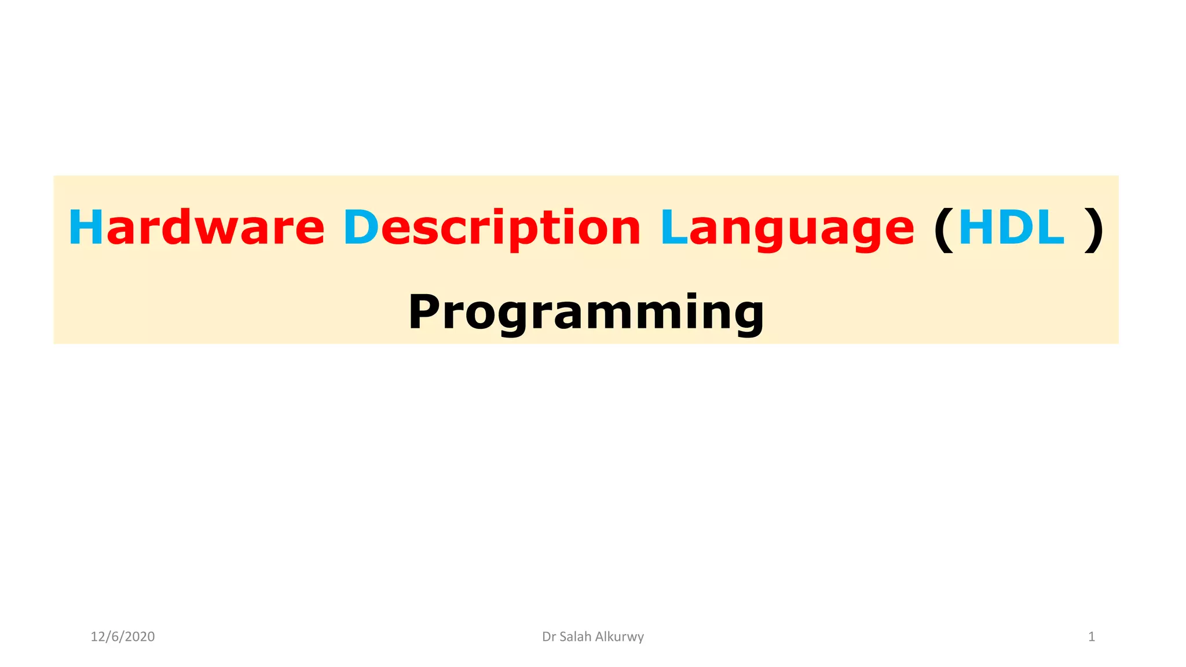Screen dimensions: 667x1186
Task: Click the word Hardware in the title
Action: pos(196,228)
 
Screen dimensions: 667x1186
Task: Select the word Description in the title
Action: pos(492,228)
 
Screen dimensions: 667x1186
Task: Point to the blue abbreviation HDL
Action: pos(1011,228)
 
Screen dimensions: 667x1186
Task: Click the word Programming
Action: pos(586,313)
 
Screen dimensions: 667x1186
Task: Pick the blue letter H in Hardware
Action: pos(85,228)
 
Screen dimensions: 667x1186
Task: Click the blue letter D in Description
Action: pos(361,228)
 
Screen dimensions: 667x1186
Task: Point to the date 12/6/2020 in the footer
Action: pos(123,637)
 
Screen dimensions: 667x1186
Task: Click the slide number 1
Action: pos(1092,637)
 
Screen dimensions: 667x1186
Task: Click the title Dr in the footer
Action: pos(549,637)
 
